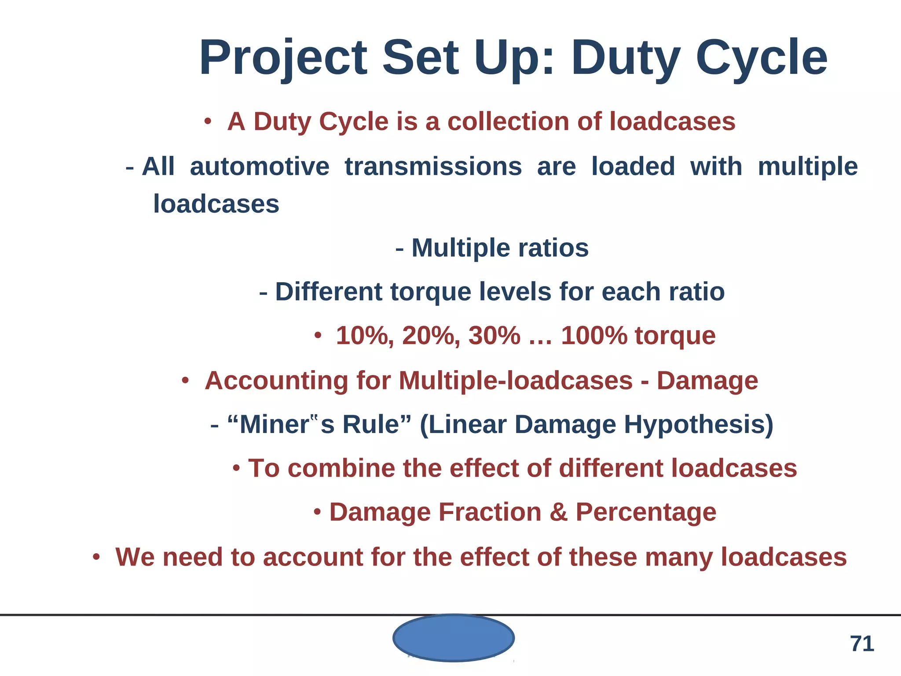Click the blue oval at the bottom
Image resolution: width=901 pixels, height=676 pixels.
click(454, 638)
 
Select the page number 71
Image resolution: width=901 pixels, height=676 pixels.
click(862, 644)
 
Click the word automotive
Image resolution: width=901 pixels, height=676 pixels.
click(260, 166)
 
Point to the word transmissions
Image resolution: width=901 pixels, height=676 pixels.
click(433, 166)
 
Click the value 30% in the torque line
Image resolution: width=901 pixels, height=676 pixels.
click(494, 336)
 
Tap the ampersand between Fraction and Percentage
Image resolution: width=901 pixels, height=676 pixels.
click(558, 512)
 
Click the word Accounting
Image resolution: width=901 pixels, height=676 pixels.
click(276, 381)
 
